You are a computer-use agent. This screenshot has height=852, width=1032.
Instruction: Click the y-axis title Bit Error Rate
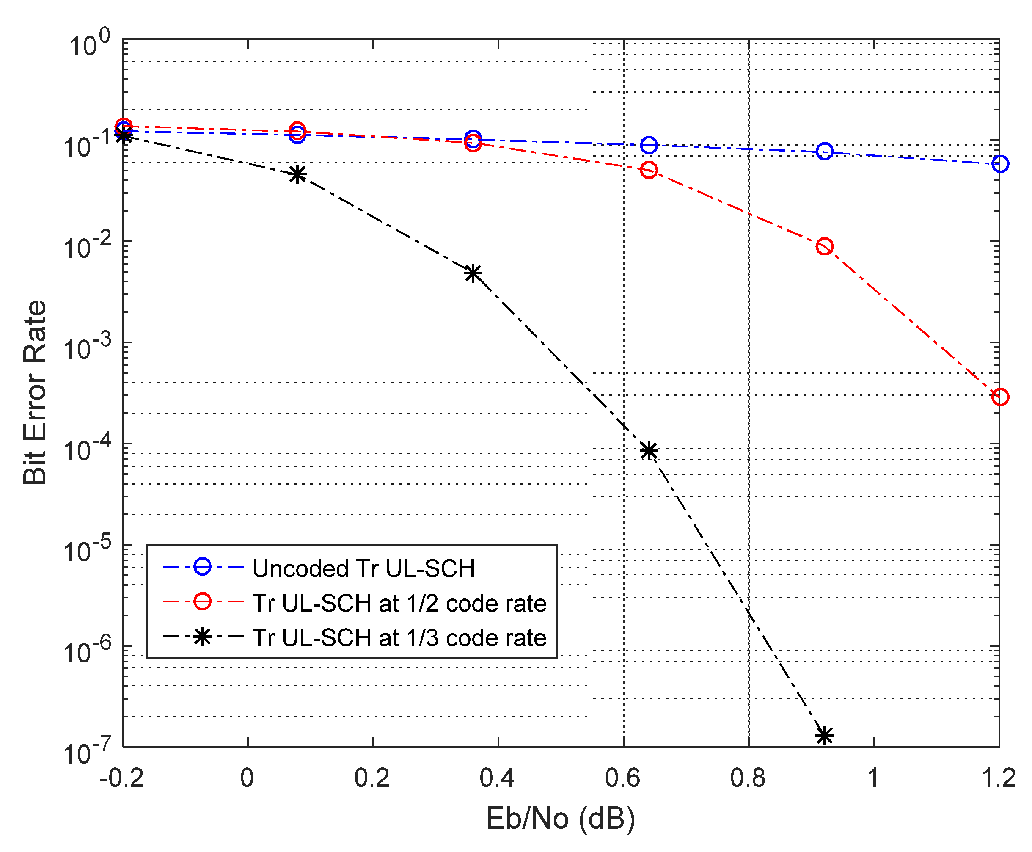[35, 393]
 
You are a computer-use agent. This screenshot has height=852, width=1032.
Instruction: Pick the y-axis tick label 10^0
[89, 44]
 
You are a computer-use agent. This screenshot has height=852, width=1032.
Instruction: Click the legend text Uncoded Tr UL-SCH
[363, 568]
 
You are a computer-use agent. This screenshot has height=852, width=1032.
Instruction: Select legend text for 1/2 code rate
[399, 603]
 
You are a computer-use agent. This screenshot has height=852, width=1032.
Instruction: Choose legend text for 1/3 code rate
[399, 638]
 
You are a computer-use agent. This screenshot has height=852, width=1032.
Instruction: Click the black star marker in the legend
[202, 637]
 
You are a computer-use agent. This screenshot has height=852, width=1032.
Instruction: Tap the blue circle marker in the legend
[202, 566]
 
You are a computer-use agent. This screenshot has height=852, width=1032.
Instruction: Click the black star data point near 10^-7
[824, 736]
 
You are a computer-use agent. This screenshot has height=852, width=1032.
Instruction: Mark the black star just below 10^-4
[649, 450]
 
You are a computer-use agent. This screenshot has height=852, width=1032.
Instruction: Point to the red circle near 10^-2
[824, 246]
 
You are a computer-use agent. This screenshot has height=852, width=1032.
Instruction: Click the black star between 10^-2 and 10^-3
[473, 273]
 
